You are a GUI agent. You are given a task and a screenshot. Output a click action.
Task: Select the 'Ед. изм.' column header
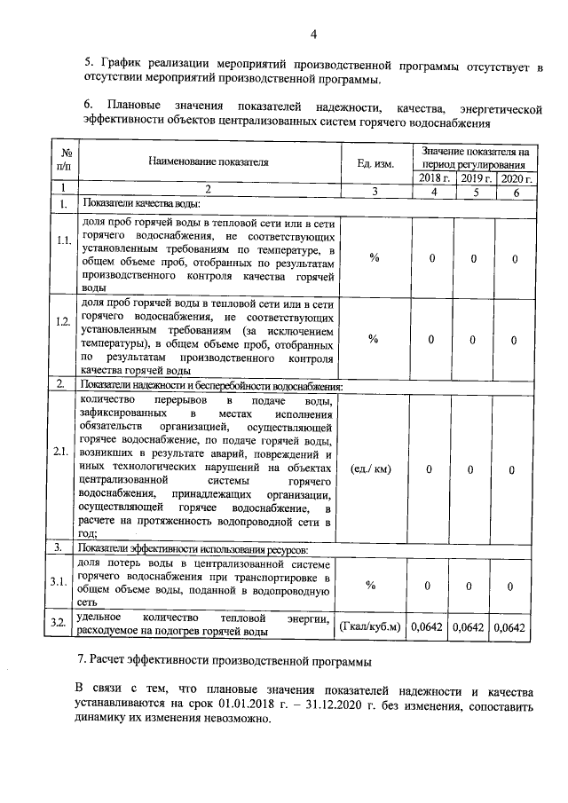[x=375, y=162]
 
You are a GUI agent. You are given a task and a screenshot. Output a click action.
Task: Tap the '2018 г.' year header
[x=433, y=178]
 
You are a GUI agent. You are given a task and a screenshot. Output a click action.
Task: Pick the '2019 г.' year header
[x=474, y=178]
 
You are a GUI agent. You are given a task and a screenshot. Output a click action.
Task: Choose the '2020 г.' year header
[x=515, y=178]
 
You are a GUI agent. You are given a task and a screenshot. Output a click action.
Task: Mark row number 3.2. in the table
[x=62, y=626]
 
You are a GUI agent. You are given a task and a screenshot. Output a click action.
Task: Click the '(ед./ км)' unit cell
[x=374, y=469]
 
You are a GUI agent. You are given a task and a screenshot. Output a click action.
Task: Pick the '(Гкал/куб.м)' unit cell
[x=374, y=627]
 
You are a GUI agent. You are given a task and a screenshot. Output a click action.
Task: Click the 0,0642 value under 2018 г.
[x=432, y=627]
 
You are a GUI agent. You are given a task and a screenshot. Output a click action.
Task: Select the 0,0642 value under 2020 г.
[x=515, y=627]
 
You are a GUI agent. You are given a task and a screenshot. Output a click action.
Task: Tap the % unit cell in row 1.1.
[x=374, y=257]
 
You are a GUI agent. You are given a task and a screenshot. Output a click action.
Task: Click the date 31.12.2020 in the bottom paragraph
[x=338, y=708]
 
